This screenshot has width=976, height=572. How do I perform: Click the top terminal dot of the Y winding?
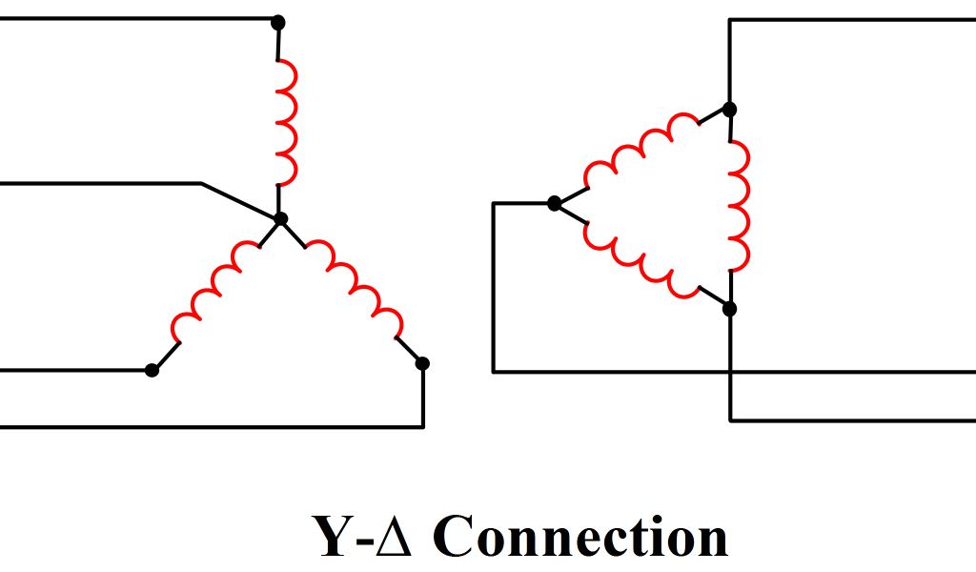click(x=277, y=21)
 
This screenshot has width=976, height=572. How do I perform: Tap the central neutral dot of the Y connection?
click(x=280, y=219)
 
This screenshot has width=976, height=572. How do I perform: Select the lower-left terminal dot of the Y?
click(x=152, y=370)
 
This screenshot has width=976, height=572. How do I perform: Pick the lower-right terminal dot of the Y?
click(x=423, y=363)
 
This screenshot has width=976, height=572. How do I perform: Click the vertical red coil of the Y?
click(x=286, y=123)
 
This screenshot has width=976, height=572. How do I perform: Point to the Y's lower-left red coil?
click(x=214, y=291)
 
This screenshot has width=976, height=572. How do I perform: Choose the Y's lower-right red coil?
click(x=355, y=285)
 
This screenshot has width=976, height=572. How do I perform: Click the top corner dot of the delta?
click(x=729, y=110)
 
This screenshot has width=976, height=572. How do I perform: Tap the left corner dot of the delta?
click(x=554, y=203)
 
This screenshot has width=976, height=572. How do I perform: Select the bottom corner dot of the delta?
click(x=729, y=308)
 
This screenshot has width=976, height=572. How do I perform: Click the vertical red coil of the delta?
click(x=739, y=207)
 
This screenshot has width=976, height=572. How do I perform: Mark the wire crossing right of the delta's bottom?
click(x=730, y=371)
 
